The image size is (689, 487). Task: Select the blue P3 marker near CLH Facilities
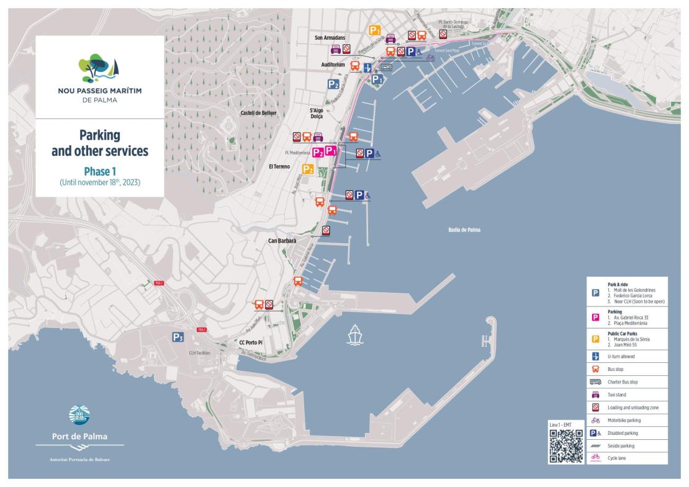[178, 337]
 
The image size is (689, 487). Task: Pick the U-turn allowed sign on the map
[368, 68]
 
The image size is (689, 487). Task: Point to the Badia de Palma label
[464, 230]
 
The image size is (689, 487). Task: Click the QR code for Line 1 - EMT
[566, 446]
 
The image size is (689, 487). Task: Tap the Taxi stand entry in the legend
[616, 395]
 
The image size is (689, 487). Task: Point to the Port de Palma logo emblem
[79, 415]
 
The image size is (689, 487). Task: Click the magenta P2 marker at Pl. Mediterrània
[318, 153]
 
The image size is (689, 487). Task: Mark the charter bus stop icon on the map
[386, 67]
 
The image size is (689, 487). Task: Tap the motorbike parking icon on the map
[430, 58]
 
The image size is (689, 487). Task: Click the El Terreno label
[280, 166]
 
